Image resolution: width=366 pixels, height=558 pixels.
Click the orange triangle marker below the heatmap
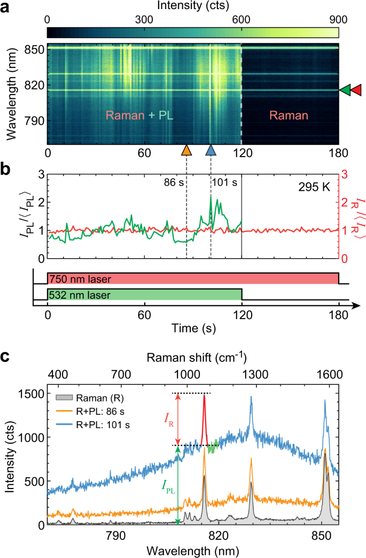point(186,150)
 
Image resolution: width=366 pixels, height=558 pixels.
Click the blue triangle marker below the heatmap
point(211,150)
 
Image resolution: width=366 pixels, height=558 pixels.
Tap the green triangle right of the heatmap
point(346,90)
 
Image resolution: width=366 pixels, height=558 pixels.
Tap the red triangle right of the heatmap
point(356,90)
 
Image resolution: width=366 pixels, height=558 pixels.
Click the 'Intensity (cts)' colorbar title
point(193,6)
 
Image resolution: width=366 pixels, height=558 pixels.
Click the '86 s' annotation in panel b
point(174,182)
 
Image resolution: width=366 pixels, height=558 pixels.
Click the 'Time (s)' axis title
point(193,327)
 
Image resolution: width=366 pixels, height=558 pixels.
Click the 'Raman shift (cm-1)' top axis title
point(193,357)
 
